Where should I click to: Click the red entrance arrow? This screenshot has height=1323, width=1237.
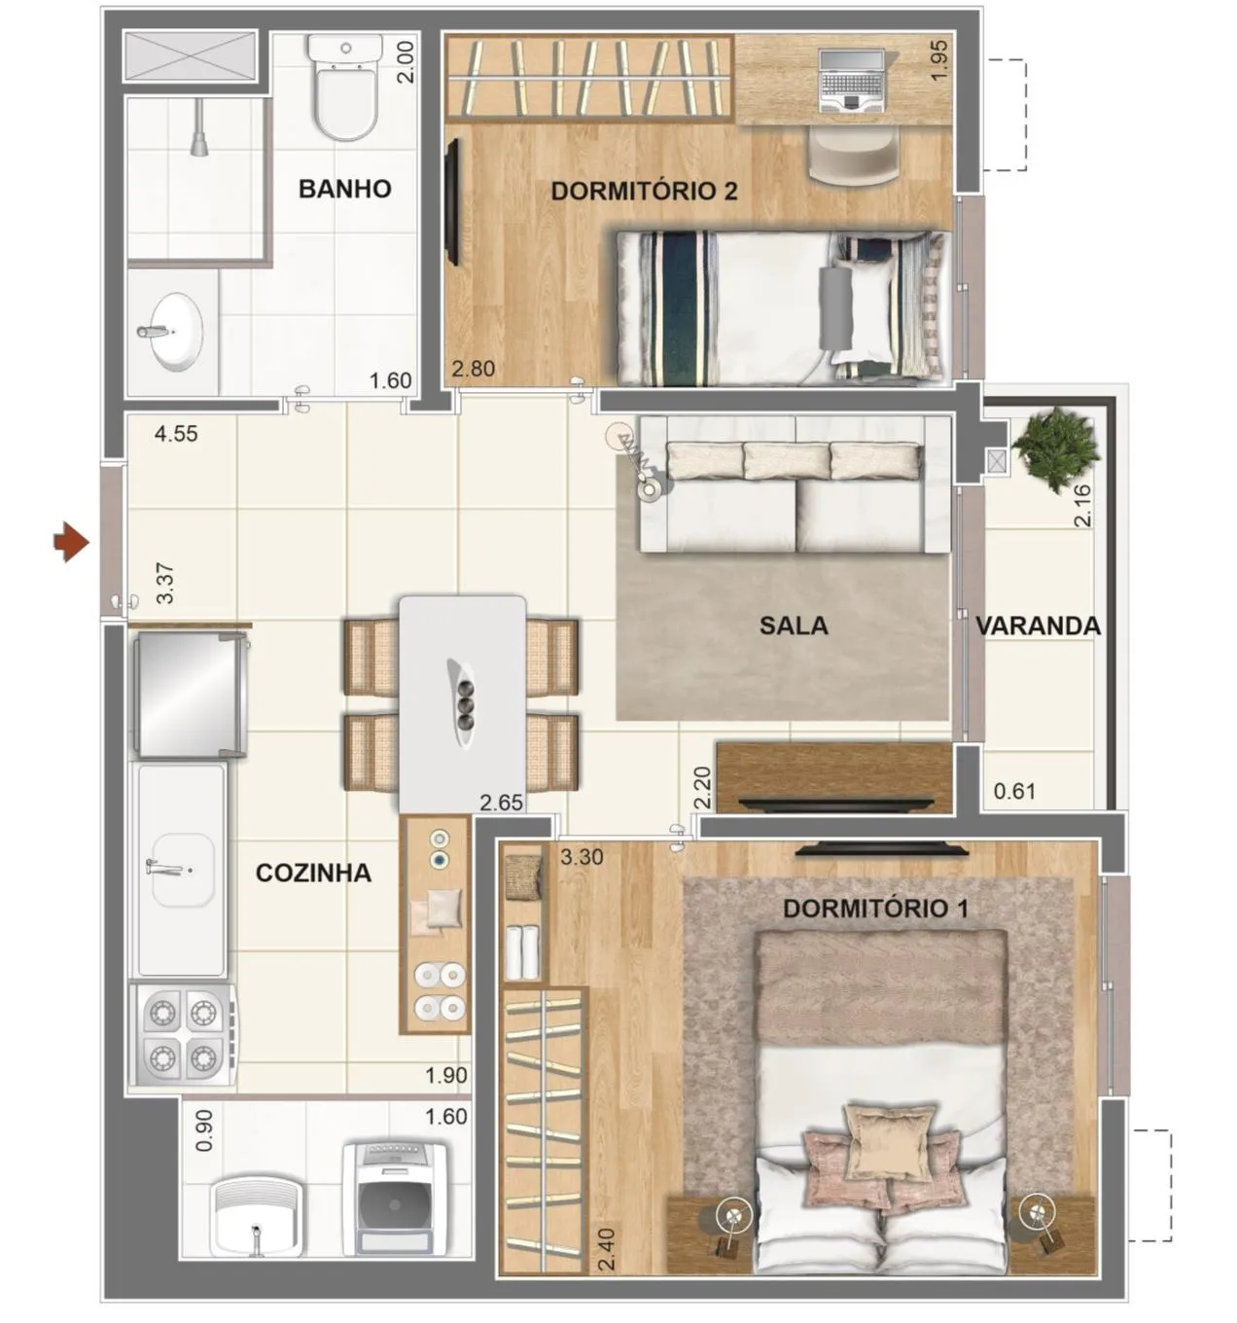pos(71,542)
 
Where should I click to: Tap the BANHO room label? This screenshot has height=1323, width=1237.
pos(344,189)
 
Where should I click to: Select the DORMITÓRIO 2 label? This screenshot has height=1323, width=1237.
pos(644,192)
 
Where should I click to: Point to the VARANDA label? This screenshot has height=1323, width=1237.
pos(1038,626)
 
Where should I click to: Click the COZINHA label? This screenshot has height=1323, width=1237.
pos(313,873)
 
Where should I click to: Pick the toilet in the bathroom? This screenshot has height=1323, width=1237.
pos(346,87)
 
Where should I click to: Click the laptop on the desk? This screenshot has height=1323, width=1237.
pos(852,81)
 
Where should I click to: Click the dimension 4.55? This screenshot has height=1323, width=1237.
pos(176,434)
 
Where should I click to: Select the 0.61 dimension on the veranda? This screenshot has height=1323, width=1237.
pos(1014,792)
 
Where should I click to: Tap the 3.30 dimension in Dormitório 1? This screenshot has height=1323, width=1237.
pos(582,857)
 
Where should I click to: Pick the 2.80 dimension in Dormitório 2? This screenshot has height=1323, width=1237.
pos(473,369)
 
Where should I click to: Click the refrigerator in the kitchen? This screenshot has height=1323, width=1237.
pos(192,694)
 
